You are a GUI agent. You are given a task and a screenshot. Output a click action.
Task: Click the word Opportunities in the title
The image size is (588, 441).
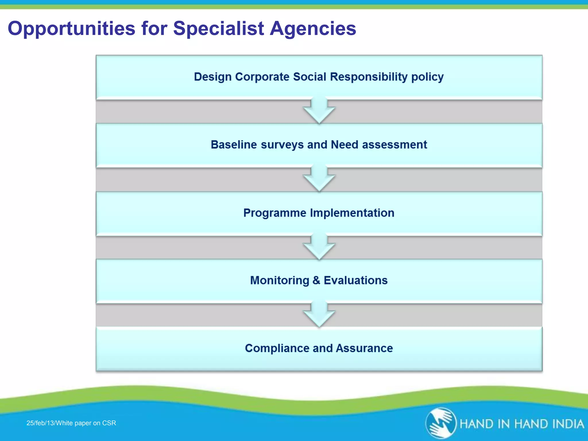[71, 29]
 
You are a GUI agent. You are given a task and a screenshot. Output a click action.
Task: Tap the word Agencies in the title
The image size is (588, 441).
[313, 29]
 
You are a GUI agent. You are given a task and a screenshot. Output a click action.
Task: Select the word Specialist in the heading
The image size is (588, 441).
[218, 29]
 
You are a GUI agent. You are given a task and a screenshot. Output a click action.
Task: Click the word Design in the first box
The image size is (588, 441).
[212, 77]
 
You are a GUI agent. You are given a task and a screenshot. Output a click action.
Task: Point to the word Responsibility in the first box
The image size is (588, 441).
[369, 77]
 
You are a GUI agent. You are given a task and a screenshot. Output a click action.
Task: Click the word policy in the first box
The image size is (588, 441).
[427, 77]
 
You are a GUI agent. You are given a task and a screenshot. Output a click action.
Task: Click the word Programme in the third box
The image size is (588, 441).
[275, 213]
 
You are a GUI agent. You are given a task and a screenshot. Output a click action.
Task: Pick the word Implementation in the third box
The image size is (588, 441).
[352, 213]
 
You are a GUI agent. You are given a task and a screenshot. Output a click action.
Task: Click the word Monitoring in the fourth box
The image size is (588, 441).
[279, 281]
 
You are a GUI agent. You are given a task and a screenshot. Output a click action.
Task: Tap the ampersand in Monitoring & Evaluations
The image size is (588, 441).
[316, 281]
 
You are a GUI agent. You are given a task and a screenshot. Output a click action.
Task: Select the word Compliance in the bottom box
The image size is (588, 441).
[277, 348]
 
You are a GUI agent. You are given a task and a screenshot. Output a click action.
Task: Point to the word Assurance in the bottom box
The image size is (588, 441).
[364, 348]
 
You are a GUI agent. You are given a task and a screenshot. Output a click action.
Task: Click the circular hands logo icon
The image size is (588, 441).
[441, 423]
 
